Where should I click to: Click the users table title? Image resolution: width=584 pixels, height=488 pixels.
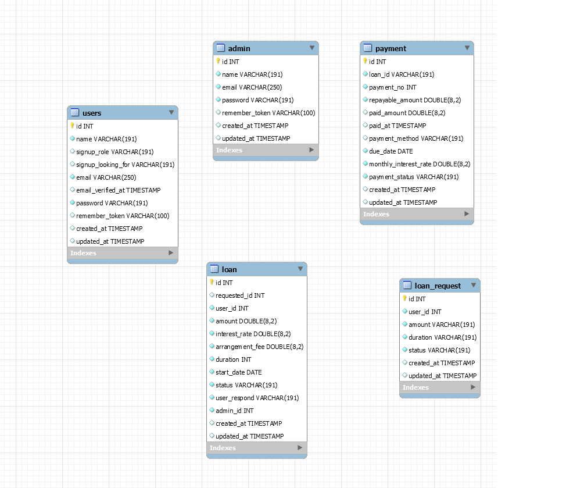point(92,113)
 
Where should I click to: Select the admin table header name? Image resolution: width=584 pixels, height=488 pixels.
point(239,48)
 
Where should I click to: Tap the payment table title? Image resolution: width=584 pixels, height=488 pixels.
point(390,48)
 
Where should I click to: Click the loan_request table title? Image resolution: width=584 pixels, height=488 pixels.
point(438,286)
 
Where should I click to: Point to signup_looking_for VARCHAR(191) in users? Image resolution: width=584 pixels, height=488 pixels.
point(125,165)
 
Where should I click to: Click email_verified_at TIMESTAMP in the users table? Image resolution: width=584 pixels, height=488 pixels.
point(118,190)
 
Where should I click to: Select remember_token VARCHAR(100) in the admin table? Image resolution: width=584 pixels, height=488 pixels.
point(268,113)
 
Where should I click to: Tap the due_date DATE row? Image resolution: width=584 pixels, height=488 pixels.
point(390,151)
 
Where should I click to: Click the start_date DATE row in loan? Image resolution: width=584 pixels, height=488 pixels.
point(238,372)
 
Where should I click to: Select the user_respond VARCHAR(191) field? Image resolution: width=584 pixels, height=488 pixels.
point(257,398)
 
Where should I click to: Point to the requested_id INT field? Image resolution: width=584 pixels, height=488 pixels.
point(239,295)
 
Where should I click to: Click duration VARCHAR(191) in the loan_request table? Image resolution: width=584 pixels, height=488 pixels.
point(442,337)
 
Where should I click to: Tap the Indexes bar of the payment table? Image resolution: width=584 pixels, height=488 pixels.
point(416,214)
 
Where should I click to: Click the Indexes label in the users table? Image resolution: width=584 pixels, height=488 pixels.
point(83,253)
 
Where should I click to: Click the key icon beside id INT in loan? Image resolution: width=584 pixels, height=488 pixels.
point(212,282)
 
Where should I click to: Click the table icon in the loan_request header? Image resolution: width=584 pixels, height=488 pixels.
point(407,286)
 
